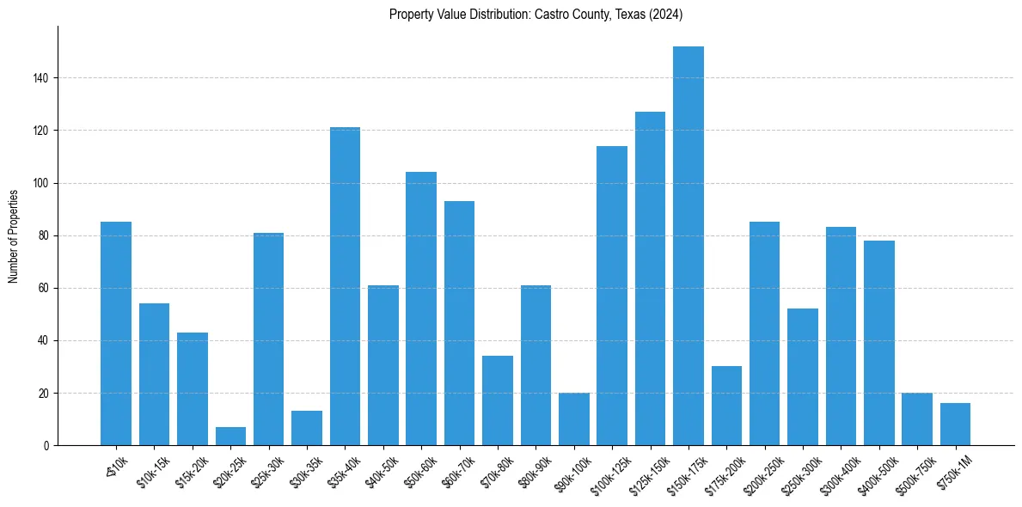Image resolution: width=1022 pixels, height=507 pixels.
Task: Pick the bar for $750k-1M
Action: click(x=955, y=425)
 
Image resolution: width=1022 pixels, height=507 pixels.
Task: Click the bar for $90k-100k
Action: click(x=573, y=419)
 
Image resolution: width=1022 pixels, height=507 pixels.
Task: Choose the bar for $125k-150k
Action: click(x=650, y=278)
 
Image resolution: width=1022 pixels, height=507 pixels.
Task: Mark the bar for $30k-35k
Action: click(x=307, y=428)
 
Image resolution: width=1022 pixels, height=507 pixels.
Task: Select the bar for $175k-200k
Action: click(x=726, y=406)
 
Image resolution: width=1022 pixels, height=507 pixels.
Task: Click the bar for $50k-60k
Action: click(x=421, y=308)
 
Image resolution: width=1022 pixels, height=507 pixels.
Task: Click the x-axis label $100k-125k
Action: click(x=609, y=472)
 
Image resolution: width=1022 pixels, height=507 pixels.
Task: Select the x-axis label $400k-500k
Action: click(x=877, y=472)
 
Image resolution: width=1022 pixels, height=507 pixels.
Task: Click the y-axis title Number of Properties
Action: click(x=14, y=236)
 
